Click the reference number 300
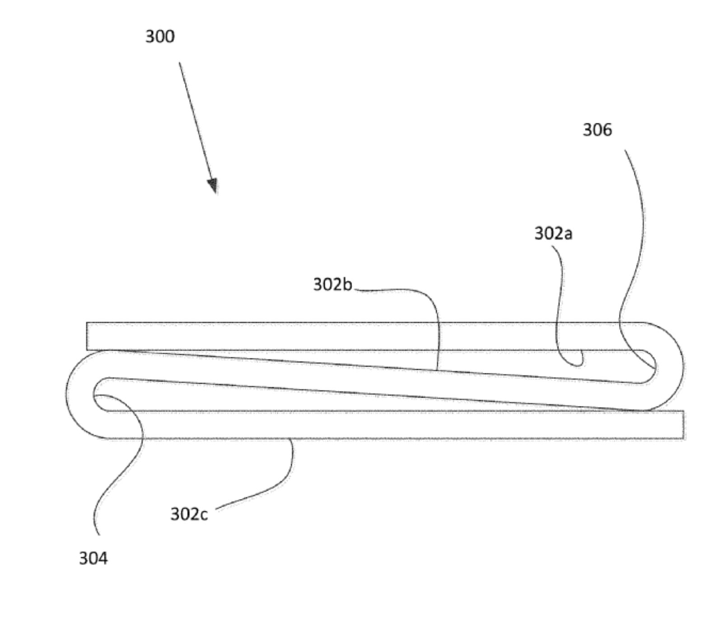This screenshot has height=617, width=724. pos(160,37)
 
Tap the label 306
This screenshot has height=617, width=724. pos(597,130)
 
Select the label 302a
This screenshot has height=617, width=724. pos(553,234)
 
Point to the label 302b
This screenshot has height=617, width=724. pos(332,285)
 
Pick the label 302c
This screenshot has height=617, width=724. pos(189,514)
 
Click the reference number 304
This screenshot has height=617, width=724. pos(93,559)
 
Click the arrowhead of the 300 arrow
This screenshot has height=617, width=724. pos(213,186)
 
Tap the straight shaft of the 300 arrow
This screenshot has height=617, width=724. pos(196,122)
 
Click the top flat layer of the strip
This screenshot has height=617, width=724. pos(361,336)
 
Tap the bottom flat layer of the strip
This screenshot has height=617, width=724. pos(393,424)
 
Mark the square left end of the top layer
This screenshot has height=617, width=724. pos(87,336)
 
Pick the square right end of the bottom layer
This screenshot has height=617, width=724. pos(683,424)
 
